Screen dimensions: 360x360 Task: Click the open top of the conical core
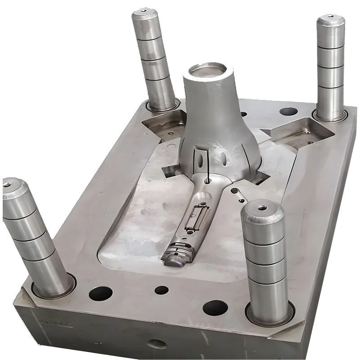[207, 70]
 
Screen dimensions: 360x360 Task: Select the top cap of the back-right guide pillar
[331, 21]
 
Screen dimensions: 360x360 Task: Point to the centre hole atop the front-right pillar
[261, 208]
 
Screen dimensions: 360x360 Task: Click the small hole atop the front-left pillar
[8, 184]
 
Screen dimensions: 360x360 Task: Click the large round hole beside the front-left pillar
[100, 293]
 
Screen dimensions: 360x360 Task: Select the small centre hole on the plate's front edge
[161, 290]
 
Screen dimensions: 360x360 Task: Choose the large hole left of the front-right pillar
[215, 308]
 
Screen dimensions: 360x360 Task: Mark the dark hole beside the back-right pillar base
[288, 111]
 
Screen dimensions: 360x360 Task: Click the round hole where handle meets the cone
[207, 180]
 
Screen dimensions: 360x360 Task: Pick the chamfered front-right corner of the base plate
[288, 331]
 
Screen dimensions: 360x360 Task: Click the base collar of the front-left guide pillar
[54, 288]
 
